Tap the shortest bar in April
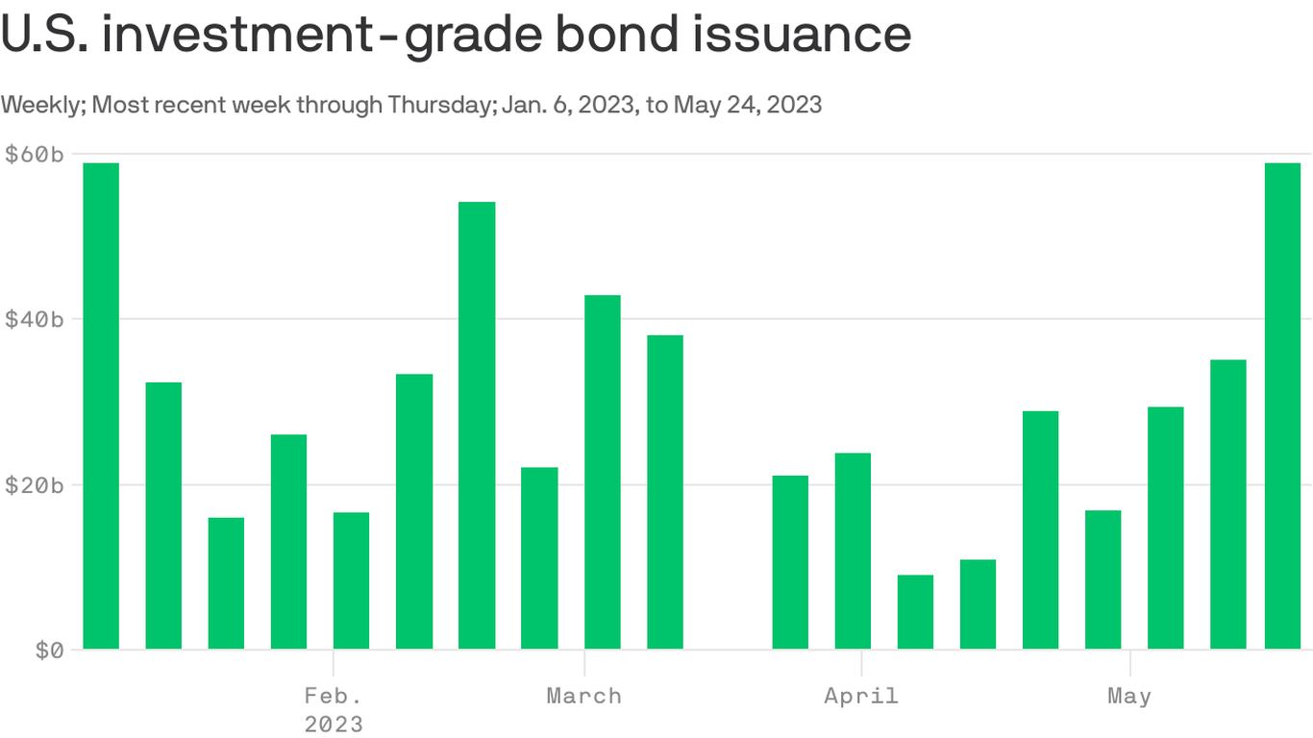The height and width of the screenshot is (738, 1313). click(x=915, y=611)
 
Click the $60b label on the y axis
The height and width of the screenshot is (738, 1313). click(x=35, y=154)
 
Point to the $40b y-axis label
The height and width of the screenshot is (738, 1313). click(x=35, y=319)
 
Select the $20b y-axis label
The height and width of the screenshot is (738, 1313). click(x=35, y=484)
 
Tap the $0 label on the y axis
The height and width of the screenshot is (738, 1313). click(x=49, y=651)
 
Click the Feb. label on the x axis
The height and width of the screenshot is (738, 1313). click(x=334, y=696)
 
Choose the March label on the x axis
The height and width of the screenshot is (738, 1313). click(x=584, y=696)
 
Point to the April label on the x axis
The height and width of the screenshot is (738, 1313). click(x=861, y=696)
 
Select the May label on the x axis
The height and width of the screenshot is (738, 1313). click(x=1129, y=696)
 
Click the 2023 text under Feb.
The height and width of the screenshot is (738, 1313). click(x=334, y=724)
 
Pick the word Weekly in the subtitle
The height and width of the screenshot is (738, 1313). click(x=42, y=104)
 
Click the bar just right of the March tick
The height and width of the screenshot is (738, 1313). click(x=603, y=472)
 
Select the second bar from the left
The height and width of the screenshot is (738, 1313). click(x=163, y=515)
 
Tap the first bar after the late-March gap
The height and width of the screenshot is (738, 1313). click(x=790, y=562)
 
